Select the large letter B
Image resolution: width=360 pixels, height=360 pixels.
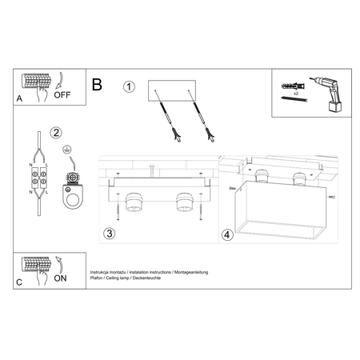(x=98, y=84)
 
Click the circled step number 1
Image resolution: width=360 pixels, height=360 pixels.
(x=130, y=87)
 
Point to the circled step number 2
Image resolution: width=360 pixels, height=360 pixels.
(x=56, y=133)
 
